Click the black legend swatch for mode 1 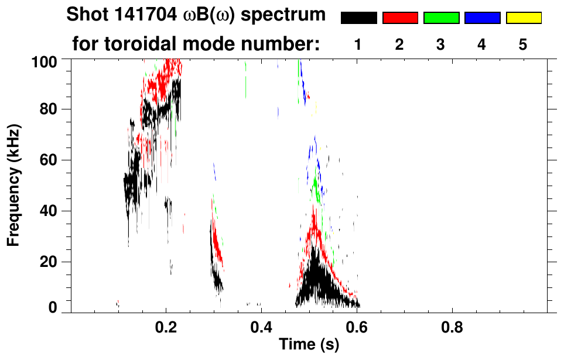[x=358, y=18]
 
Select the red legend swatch [x=400, y=18]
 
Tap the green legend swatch [x=441, y=18]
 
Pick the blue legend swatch [x=482, y=18]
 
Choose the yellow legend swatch [x=523, y=18]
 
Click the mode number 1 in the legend [x=358, y=45]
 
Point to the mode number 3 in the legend [x=441, y=45]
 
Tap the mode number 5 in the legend [x=523, y=45]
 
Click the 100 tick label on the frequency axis [x=45, y=60]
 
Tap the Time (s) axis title [x=309, y=345]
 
